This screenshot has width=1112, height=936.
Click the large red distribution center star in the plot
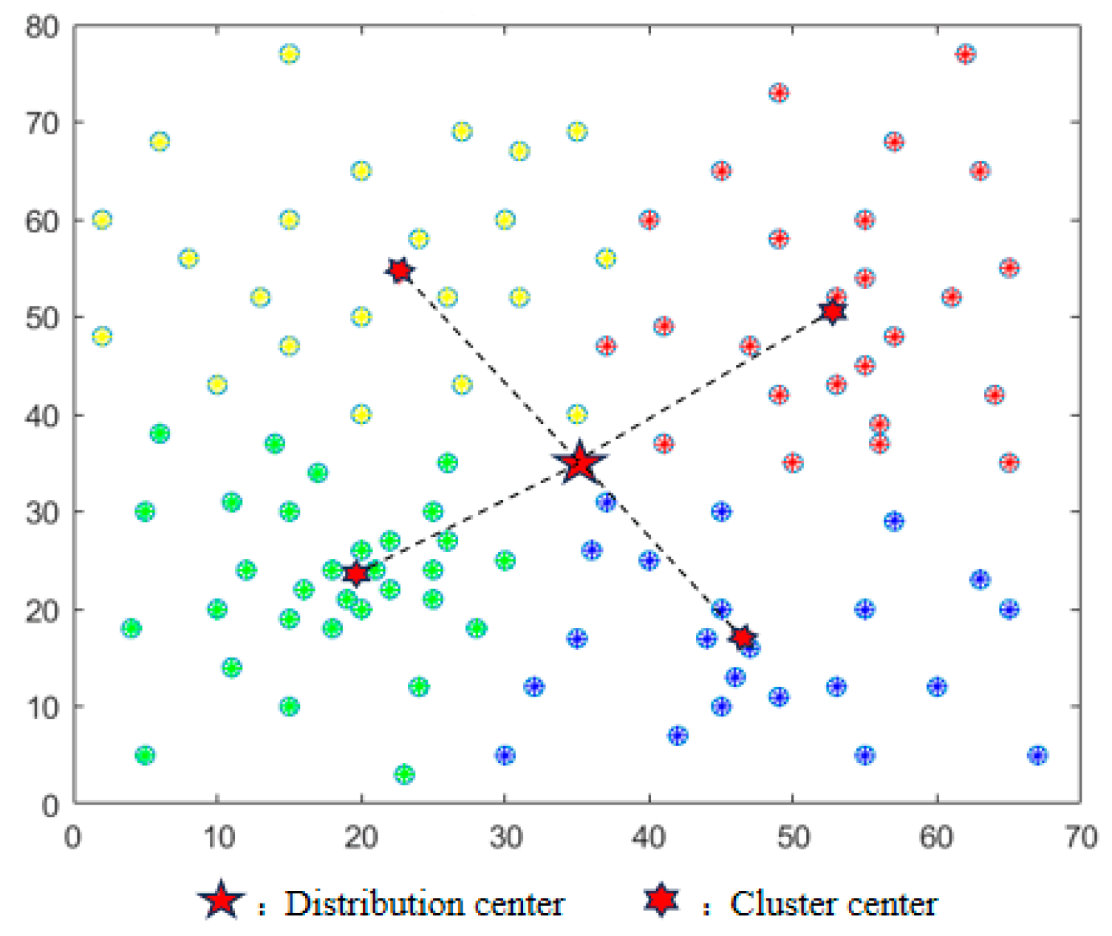pos(580,463)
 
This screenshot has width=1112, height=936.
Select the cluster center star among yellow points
pos(400,270)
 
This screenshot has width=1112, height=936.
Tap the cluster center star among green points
pos(357,573)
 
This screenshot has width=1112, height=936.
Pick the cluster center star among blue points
pos(743,637)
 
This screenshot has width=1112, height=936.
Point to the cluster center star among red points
pos(833,312)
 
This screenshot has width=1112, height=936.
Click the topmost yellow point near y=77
pos(290,54)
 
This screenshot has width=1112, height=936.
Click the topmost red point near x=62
pos(966,54)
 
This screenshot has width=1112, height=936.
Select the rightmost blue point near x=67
pos(1037,755)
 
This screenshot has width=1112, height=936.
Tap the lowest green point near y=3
pos(404,774)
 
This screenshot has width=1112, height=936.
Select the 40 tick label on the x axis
pos(649,838)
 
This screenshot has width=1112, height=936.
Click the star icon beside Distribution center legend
pos(221,901)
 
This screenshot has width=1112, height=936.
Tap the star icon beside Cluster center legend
pos(661,899)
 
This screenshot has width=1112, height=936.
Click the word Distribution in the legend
pos(374,903)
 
